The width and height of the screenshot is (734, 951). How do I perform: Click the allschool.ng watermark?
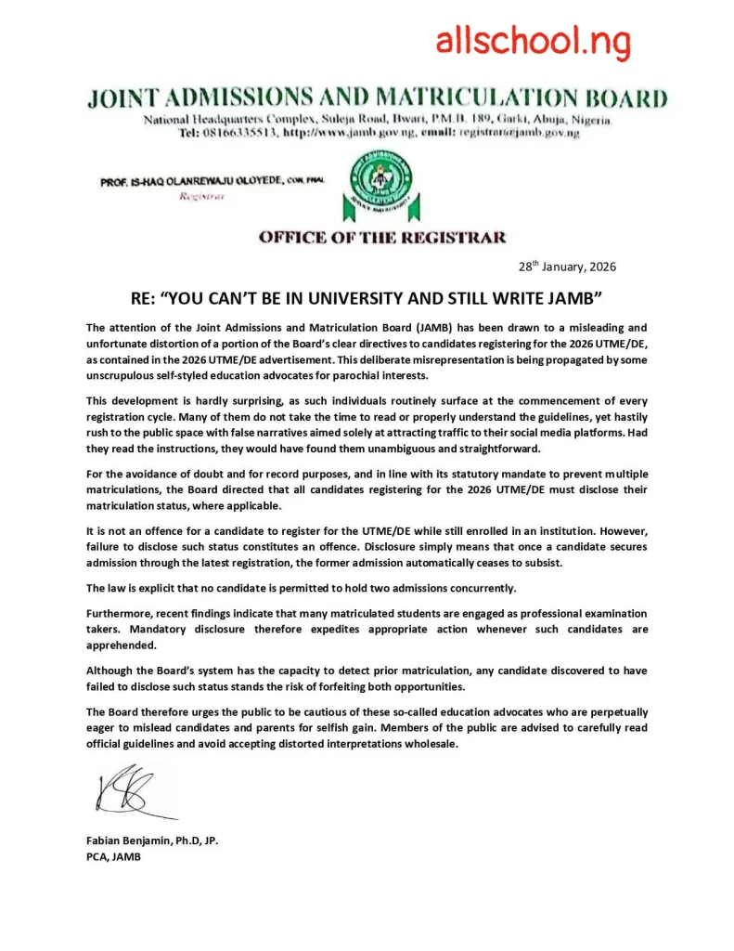click(x=533, y=41)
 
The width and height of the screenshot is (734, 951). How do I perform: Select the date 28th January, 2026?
click(x=567, y=267)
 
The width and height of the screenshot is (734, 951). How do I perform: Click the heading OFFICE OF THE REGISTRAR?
click(x=382, y=237)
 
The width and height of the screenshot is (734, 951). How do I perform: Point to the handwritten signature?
click(x=130, y=791)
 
